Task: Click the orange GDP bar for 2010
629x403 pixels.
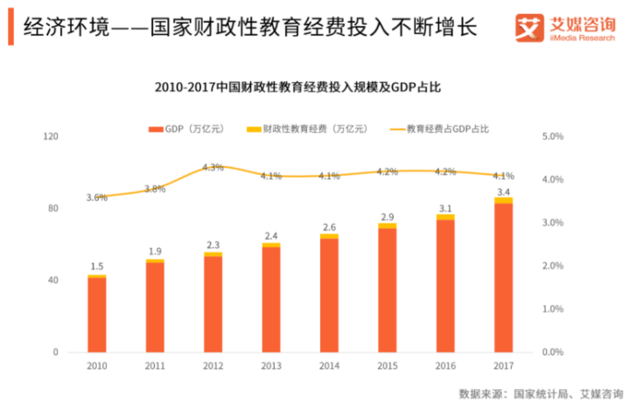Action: tap(97, 315)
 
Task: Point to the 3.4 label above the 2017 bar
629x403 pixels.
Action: tap(503, 191)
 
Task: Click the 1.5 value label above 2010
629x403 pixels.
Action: tap(97, 266)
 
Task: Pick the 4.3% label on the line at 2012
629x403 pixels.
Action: tap(213, 167)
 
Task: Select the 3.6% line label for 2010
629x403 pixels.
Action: tap(97, 198)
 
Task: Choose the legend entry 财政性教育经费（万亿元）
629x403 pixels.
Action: tap(292, 129)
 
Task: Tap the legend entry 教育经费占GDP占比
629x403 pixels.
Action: tap(437, 129)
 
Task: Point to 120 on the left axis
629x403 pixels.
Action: tap(52, 136)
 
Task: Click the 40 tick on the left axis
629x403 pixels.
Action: tap(53, 281)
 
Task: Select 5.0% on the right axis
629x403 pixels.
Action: tap(554, 136)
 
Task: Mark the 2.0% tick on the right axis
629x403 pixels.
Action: tap(554, 266)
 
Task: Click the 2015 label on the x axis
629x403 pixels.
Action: tap(388, 366)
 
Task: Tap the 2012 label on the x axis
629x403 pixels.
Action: tap(213, 366)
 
